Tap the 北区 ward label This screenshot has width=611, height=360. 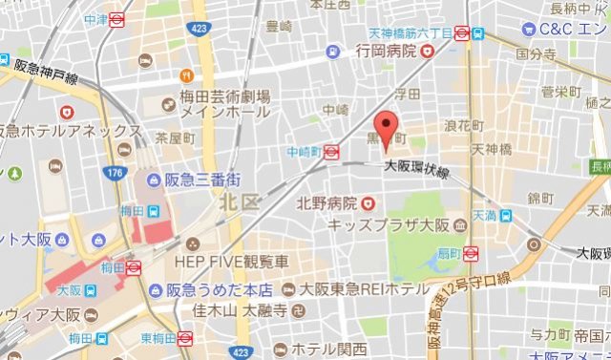coord(235,201)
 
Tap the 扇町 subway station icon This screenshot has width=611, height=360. coord(470,253)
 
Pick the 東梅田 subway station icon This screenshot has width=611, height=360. coord(185,337)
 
